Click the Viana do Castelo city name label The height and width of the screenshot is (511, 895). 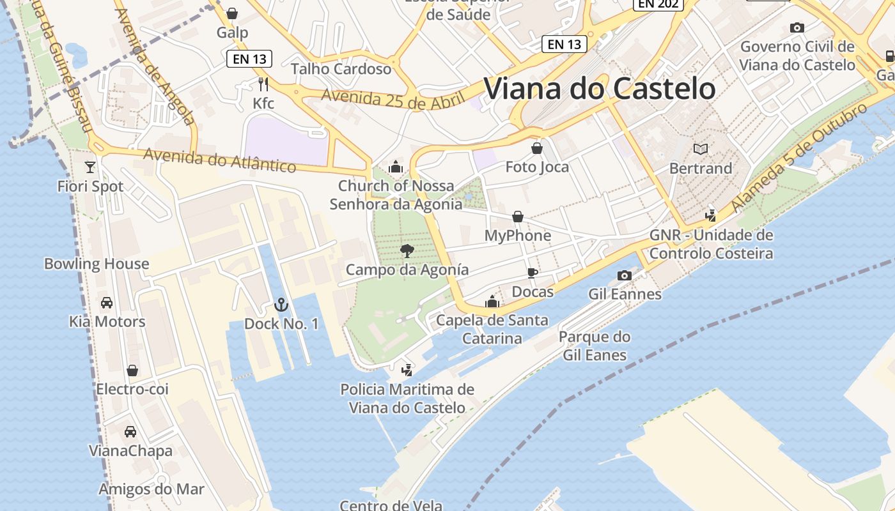coord(600,89)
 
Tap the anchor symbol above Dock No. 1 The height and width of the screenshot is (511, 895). coord(281,305)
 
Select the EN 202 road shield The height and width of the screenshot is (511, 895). coord(658,4)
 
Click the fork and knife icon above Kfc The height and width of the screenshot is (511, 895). coord(263,84)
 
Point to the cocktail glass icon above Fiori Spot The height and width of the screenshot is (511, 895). coord(90,167)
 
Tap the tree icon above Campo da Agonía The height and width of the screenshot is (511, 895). coord(407,250)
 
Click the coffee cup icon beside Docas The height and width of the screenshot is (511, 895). coord(532,273)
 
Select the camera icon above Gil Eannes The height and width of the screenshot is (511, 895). coord(625,275)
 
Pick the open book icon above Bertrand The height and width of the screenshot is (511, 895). coord(701,149)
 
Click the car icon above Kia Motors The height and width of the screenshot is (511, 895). coord(107,302)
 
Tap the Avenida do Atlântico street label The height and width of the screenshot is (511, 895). coord(220,160)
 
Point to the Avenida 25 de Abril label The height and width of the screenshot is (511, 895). coord(383,100)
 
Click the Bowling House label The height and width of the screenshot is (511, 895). coord(97,264)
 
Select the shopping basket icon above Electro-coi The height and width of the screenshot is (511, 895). coord(132,370)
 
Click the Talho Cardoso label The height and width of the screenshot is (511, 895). coord(341,68)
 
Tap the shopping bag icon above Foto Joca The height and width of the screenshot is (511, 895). coord(537,148)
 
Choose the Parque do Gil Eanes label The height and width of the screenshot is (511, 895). coord(595,346)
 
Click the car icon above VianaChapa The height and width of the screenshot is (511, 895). coord(130,432)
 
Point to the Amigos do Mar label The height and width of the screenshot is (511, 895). coord(152,489)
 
